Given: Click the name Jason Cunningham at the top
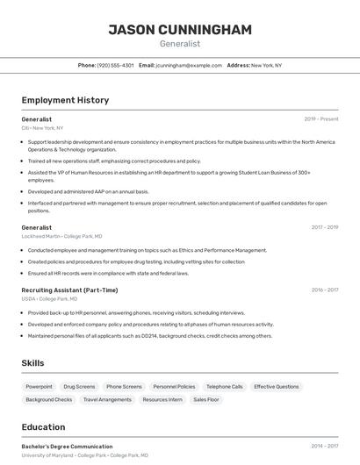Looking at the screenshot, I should click(180, 30).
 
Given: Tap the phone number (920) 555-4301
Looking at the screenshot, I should click(116, 65).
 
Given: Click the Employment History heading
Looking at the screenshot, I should click(65, 100).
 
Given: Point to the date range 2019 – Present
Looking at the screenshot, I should click(321, 118).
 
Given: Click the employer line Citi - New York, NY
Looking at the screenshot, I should click(42, 128).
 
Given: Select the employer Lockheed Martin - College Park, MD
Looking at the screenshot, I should click(61, 236).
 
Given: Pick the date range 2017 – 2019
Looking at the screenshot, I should click(324, 227).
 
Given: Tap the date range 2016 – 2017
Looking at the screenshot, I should click(324, 290).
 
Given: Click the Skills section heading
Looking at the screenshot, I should click(33, 363).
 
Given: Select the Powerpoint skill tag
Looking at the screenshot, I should click(39, 386).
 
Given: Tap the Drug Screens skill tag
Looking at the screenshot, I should click(79, 386).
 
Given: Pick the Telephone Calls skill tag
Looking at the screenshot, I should click(224, 386).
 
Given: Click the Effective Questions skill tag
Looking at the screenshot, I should click(276, 386).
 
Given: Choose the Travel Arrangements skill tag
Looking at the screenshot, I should click(107, 399).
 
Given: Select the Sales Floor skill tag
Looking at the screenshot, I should click(206, 399).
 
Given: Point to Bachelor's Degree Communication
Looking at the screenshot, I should click(67, 446).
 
